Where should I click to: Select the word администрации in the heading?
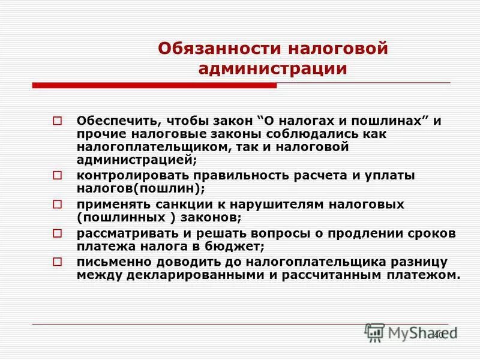(x=273, y=68)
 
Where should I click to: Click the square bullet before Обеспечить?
(x=58, y=121)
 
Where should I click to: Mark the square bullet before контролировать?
(x=58, y=175)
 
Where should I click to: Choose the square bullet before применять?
(x=58, y=205)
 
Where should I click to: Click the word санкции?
(x=176, y=204)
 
